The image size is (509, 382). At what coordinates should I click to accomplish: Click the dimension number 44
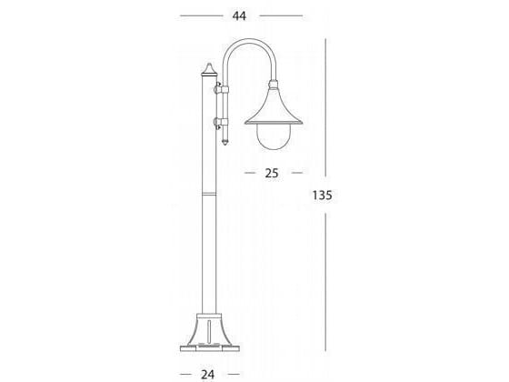pos(240,16)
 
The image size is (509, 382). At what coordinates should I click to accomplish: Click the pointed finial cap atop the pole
pos(208,69)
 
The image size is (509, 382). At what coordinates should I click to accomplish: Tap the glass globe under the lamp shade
pos(272,136)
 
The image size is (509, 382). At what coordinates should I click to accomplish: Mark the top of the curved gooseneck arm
pos(245,42)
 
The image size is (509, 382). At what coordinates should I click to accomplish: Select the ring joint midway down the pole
pos(209,194)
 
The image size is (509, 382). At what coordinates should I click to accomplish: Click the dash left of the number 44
pos(199,16)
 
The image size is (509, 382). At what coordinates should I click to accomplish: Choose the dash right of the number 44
pos(281,16)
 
